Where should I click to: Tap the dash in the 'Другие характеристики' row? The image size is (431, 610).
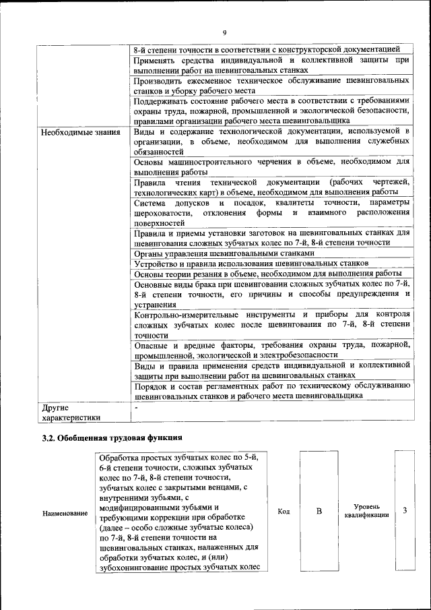(136, 407)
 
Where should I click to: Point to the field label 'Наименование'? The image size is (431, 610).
(65, 514)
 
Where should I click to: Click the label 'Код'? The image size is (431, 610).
(284, 511)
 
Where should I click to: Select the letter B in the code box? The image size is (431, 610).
(319, 511)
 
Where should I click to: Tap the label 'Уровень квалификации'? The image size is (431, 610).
(366, 510)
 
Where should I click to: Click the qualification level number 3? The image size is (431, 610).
(405, 510)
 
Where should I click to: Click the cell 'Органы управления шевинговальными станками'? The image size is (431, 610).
(224, 253)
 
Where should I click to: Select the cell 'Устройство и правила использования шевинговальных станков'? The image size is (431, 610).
(251, 263)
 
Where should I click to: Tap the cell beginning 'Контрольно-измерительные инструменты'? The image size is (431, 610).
(271, 324)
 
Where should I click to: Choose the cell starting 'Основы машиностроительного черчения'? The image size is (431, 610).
(271, 166)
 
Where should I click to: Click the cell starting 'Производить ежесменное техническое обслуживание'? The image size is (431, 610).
(271, 85)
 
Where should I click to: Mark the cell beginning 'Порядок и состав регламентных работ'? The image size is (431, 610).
(271, 390)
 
